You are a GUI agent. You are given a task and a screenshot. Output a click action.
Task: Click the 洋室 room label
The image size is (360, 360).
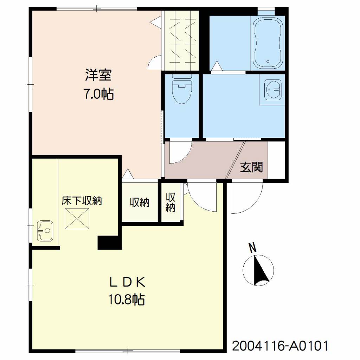click(x=98, y=75)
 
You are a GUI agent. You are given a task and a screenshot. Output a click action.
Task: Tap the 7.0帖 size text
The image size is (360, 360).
click(x=99, y=94)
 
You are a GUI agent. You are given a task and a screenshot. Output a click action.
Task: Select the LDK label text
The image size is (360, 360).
click(x=127, y=283)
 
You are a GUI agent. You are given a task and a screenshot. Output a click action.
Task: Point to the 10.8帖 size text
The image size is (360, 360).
click(x=127, y=300)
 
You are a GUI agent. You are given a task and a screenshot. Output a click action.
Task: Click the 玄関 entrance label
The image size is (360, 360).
click(x=251, y=167)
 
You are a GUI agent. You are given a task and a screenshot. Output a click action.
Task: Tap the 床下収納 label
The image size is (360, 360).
click(x=82, y=201)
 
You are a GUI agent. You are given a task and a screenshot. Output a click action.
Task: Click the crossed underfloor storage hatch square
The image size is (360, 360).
click(x=77, y=219)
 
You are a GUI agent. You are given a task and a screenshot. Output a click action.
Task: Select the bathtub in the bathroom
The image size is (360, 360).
click(x=268, y=43)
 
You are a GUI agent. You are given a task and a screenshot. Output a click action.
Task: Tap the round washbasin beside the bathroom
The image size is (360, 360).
click(x=273, y=90)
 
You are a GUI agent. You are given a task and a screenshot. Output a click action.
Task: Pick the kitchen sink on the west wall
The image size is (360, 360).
click(x=45, y=231)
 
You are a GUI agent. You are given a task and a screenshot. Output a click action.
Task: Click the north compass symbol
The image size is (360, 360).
click(x=258, y=270)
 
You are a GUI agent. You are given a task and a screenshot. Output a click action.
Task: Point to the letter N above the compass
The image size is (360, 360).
click(x=253, y=248)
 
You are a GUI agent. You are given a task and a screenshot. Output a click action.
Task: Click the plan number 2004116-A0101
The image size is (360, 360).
click(x=280, y=346)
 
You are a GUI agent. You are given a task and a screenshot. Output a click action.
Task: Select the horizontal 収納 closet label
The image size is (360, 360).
click(x=139, y=202)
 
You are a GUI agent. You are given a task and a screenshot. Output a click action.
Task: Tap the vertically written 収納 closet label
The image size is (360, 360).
click(x=171, y=202)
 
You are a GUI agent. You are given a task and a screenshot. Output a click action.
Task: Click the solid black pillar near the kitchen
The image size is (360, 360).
click(x=110, y=243)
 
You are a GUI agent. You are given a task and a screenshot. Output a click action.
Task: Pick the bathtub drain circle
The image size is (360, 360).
click(x=268, y=61)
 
